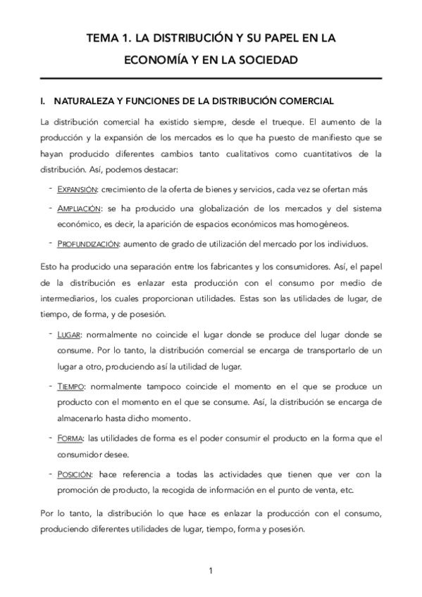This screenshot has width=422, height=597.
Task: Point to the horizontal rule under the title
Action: [x=211, y=77]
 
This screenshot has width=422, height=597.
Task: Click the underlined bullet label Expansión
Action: [x=77, y=190]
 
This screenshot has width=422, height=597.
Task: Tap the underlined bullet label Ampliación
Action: [x=77, y=208]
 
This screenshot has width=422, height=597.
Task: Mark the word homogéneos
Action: [x=321, y=225]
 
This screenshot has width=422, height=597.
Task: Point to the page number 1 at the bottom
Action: [x=211, y=570]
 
